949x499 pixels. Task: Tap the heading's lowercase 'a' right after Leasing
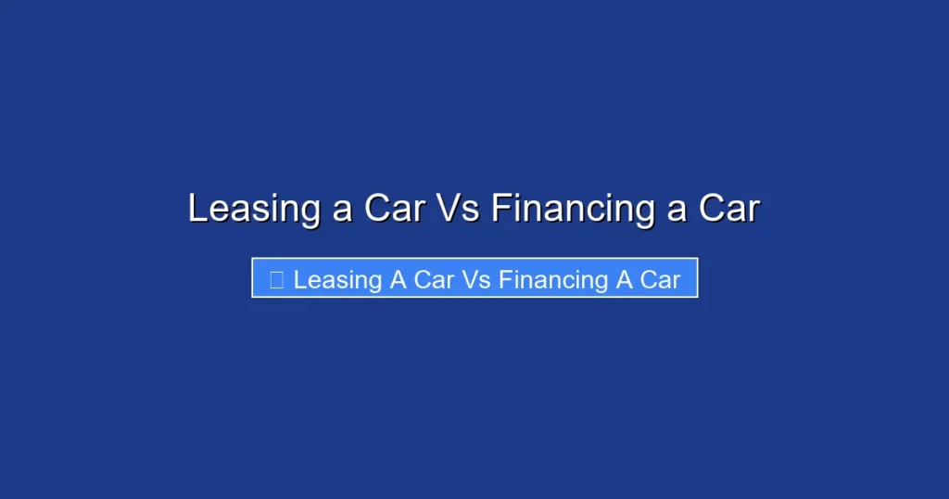click(x=342, y=211)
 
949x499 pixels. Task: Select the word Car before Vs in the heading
click(x=393, y=209)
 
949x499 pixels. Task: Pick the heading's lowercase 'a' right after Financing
click(x=677, y=211)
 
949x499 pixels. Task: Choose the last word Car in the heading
click(x=728, y=209)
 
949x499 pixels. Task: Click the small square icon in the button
click(x=276, y=280)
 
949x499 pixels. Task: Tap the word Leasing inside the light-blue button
click(x=337, y=280)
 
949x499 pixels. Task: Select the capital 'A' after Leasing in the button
click(x=398, y=279)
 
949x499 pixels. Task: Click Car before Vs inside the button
click(x=434, y=279)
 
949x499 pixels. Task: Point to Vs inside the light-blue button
click(x=476, y=279)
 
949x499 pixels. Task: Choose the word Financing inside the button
click(x=553, y=280)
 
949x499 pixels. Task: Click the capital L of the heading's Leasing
click(x=196, y=208)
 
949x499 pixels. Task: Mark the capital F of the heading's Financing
click(x=500, y=208)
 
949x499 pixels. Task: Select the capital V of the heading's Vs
click(x=448, y=208)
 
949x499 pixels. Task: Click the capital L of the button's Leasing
click(x=299, y=279)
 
